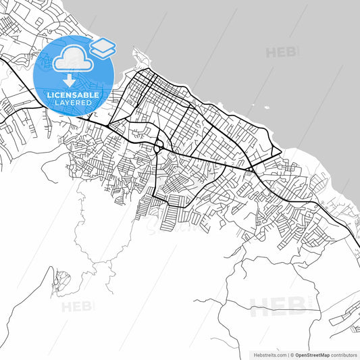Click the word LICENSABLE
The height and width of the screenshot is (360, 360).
pyautogui.click(x=74, y=95)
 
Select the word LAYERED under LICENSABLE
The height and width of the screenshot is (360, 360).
pyautogui.click(x=74, y=103)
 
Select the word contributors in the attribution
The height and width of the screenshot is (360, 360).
pyautogui.click(x=345, y=354)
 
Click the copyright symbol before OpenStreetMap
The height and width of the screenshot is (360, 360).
pyautogui.click(x=292, y=354)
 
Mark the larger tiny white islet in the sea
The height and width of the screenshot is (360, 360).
pyautogui.click(x=267, y=107)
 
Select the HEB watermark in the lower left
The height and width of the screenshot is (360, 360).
pyautogui.click(x=77, y=307)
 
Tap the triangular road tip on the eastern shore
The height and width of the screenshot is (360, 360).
pyautogui.click(x=278, y=149)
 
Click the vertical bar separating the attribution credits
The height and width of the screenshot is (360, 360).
pyautogui.click(x=288, y=354)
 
